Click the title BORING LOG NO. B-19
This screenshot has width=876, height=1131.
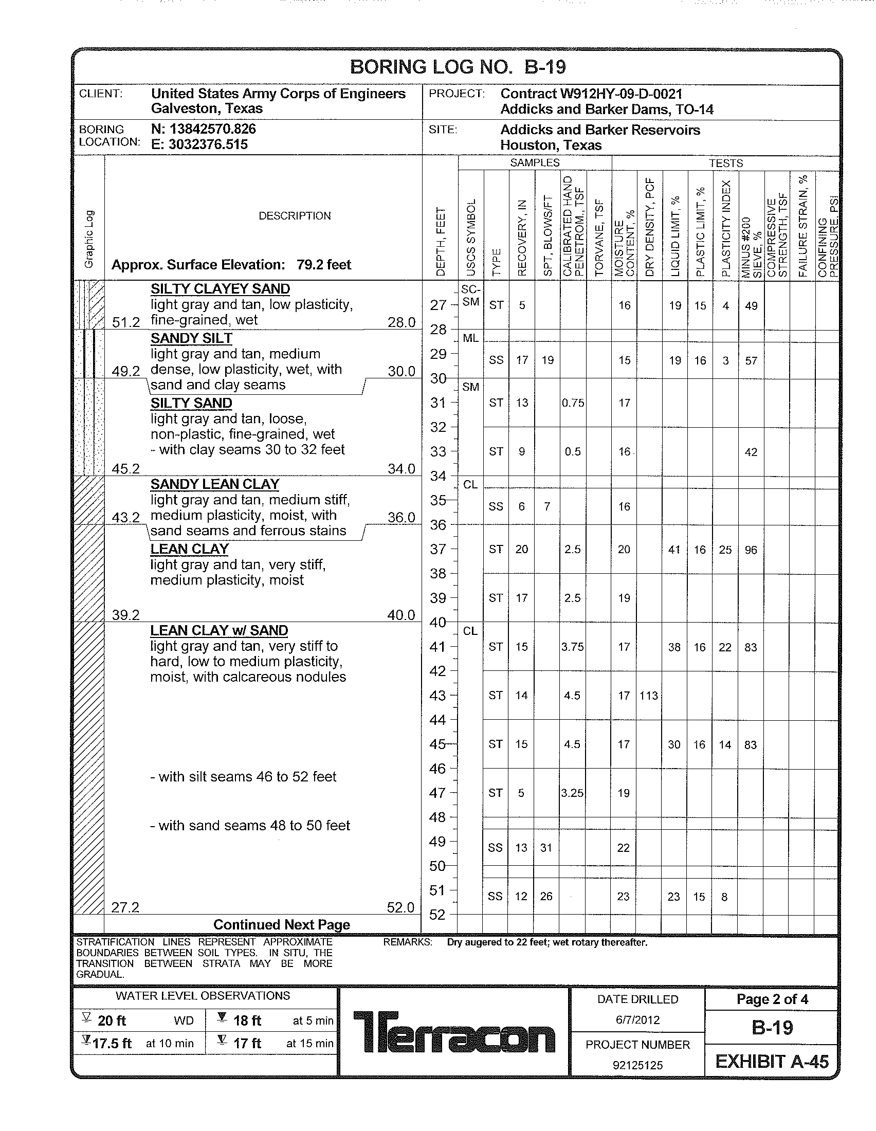pos(458,67)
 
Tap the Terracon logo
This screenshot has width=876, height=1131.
pos(454,1032)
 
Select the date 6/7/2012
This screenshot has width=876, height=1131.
pos(637,1019)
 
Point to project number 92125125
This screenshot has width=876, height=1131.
pos(637,1065)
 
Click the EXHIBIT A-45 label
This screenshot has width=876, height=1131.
pos(772,1062)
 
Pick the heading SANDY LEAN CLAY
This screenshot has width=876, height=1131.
pos(215,484)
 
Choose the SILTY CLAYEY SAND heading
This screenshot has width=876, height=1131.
pos(220,289)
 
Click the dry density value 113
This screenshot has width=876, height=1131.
pos(648,696)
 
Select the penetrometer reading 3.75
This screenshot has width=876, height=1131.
pos(572,647)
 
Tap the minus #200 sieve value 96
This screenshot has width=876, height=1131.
pos(751,550)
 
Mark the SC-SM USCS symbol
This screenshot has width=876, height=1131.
pos(470,296)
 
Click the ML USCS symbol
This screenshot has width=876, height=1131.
pos(470,338)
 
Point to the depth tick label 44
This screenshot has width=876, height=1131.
pos(437,720)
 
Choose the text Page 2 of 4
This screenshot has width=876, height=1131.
pos(772,999)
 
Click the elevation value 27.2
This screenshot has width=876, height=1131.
pos(125,907)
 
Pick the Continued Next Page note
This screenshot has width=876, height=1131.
pos(281,924)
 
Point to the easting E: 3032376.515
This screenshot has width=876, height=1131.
pos(199,144)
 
